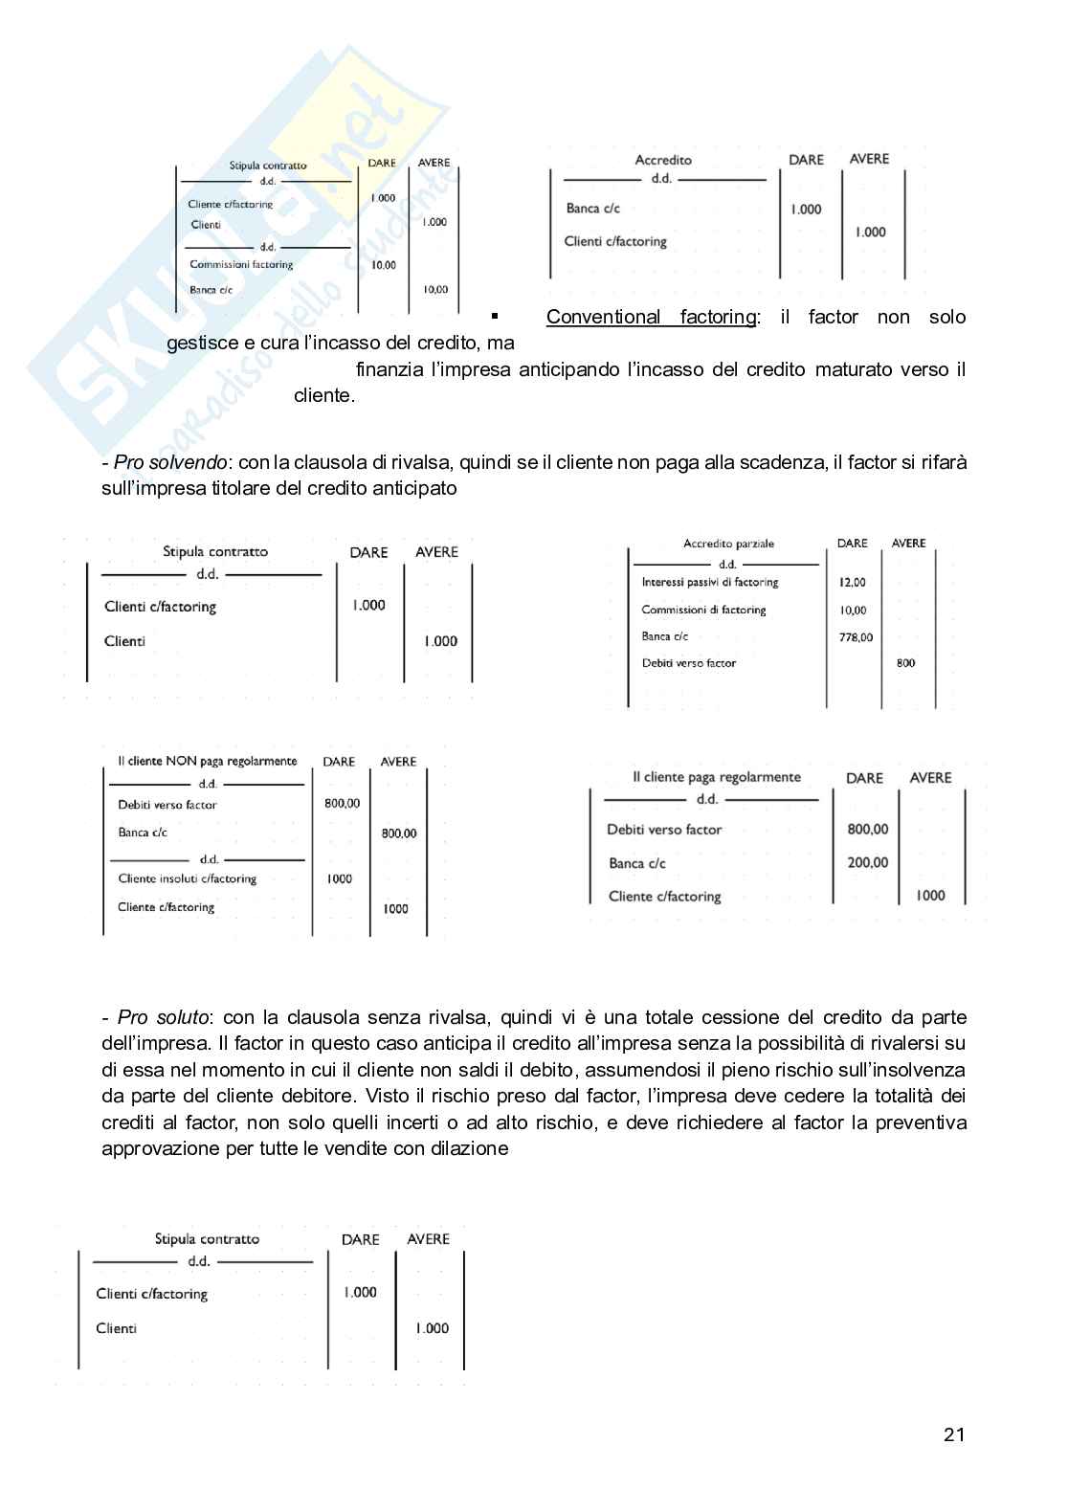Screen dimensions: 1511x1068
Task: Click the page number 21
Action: [953, 1433]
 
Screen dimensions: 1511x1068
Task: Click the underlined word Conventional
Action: [603, 317]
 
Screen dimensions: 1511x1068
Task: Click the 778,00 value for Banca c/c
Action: [856, 637]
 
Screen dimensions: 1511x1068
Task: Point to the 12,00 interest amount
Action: [852, 582]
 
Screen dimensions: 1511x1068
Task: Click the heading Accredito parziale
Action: [728, 544]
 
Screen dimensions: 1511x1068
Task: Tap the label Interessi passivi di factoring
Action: [709, 582]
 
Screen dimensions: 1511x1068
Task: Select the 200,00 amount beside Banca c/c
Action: [867, 862]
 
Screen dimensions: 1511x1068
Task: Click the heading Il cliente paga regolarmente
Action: [716, 777]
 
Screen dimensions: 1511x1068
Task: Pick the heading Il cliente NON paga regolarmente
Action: [207, 762]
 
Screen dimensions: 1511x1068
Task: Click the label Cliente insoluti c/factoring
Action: [187, 878]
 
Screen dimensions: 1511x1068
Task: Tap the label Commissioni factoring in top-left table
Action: [241, 265]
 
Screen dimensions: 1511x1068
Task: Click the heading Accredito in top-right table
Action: [663, 160]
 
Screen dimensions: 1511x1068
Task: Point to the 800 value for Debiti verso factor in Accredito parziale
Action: [905, 663]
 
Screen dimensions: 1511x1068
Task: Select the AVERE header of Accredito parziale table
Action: [908, 544]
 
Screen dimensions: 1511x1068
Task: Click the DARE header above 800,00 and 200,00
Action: [864, 778]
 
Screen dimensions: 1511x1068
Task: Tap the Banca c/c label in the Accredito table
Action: [592, 209]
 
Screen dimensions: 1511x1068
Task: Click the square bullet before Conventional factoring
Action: [495, 316]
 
